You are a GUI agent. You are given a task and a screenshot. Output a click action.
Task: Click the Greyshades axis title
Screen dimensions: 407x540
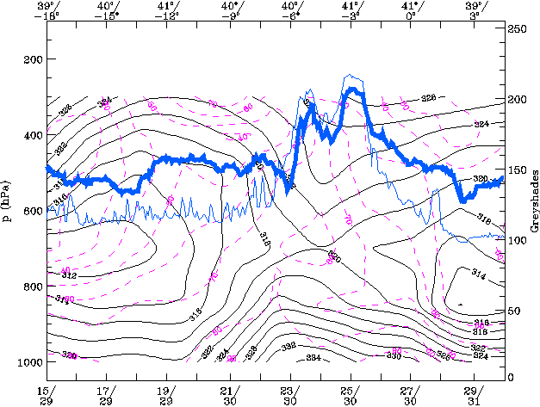[532, 204]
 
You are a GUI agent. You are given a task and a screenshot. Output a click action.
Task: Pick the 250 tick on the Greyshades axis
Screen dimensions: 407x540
[516, 29]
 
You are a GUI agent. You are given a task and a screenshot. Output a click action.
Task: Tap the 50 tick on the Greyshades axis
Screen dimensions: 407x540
[513, 310]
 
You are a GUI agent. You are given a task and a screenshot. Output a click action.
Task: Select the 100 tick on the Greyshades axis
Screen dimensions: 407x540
[516, 240]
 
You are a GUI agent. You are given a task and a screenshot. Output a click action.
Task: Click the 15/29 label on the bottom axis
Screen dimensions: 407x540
[47, 395]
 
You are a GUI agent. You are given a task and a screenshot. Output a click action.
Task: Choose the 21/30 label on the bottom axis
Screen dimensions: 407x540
[229, 395]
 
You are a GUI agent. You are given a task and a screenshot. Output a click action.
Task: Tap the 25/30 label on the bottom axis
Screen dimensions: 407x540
[351, 395]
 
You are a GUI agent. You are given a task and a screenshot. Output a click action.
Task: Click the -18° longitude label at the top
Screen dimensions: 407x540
[47, 15]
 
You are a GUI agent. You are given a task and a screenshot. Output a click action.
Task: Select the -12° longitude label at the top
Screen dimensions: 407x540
[169, 15]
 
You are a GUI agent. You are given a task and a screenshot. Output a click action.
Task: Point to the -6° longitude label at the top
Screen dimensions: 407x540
[291, 15]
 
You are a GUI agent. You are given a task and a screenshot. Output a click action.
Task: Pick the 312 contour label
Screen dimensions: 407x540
[69, 276]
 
